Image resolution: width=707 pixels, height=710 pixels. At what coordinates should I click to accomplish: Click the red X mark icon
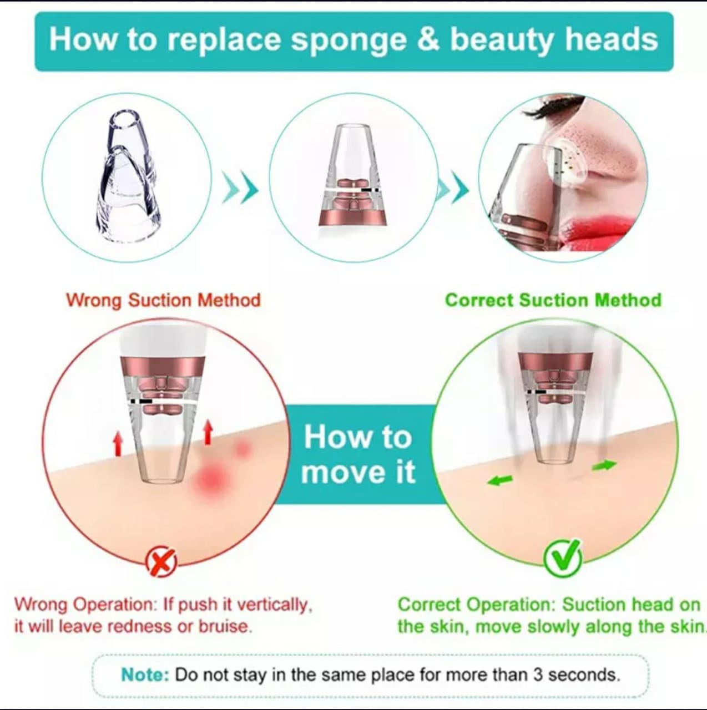click(x=161, y=562)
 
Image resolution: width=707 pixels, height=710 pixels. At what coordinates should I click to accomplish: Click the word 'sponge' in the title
click(x=349, y=42)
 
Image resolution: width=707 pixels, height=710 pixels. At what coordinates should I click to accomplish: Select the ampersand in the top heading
click(x=428, y=39)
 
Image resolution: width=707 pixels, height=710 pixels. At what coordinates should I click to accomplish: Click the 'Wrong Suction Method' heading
click(x=163, y=300)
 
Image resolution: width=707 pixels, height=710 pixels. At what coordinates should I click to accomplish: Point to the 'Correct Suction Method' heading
click(x=553, y=300)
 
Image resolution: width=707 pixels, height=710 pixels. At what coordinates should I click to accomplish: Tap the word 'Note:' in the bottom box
click(x=145, y=674)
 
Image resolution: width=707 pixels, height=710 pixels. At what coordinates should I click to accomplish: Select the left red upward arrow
click(x=118, y=444)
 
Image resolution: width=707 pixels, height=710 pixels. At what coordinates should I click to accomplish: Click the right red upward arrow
click(x=208, y=433)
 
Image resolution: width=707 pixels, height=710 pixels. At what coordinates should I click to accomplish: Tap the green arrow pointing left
click(x=499, y=480)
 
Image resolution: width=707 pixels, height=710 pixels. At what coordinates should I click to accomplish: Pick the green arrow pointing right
click(x=604, y=465)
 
